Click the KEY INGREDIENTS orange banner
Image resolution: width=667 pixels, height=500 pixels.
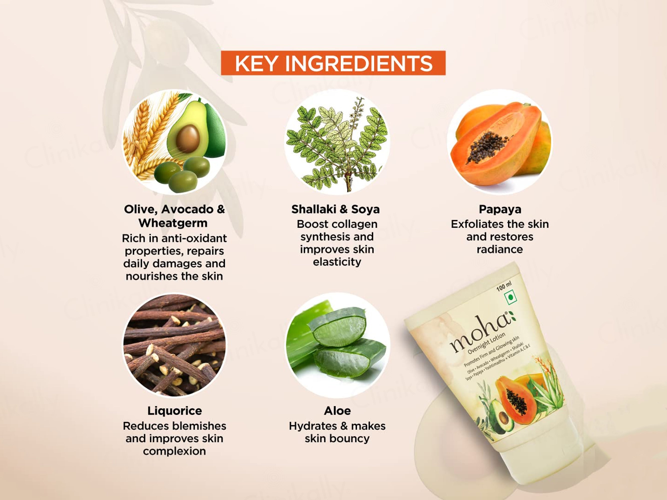[x=333, y=63]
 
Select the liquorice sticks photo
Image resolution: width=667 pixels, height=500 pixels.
[x=174, y=345]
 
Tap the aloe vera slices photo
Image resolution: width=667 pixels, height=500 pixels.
[x=337, y=345]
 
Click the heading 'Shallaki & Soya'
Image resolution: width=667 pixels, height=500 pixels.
[x=335, y=209]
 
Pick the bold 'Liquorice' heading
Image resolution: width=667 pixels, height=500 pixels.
[x=175, y=411]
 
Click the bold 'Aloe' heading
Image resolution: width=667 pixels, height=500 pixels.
[x=337, y=411]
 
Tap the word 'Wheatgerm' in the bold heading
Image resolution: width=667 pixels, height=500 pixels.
[x=173, y=223]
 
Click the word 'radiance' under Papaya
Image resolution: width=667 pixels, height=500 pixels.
[x=500, y=249]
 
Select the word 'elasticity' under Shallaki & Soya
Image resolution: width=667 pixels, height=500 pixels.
[x=337, y=262]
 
